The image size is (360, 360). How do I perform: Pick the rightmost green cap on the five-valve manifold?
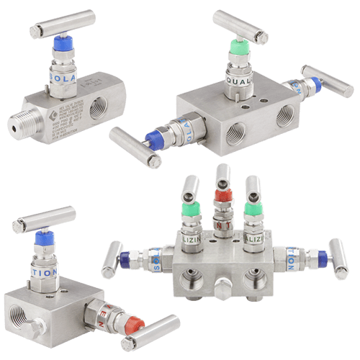251,209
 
